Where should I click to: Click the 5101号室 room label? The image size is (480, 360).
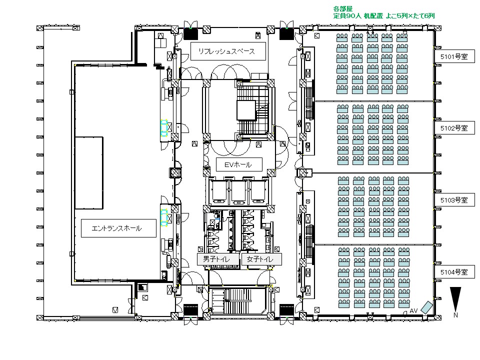454,56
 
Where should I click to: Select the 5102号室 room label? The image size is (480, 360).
454,128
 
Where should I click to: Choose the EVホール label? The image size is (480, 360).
238,164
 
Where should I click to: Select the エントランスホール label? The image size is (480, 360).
116,228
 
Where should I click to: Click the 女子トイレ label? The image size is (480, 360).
260,259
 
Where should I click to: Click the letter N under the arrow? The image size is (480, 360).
456,315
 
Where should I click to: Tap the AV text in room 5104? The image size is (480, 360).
413,310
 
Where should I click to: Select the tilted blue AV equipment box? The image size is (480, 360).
426,307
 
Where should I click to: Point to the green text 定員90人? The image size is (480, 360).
347,16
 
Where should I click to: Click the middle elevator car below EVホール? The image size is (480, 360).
238,191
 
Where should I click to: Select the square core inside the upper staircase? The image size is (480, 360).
246,110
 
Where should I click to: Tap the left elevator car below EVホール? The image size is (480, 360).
219,191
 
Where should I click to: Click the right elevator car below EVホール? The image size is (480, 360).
258,191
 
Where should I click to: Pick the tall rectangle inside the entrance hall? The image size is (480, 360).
89,173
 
